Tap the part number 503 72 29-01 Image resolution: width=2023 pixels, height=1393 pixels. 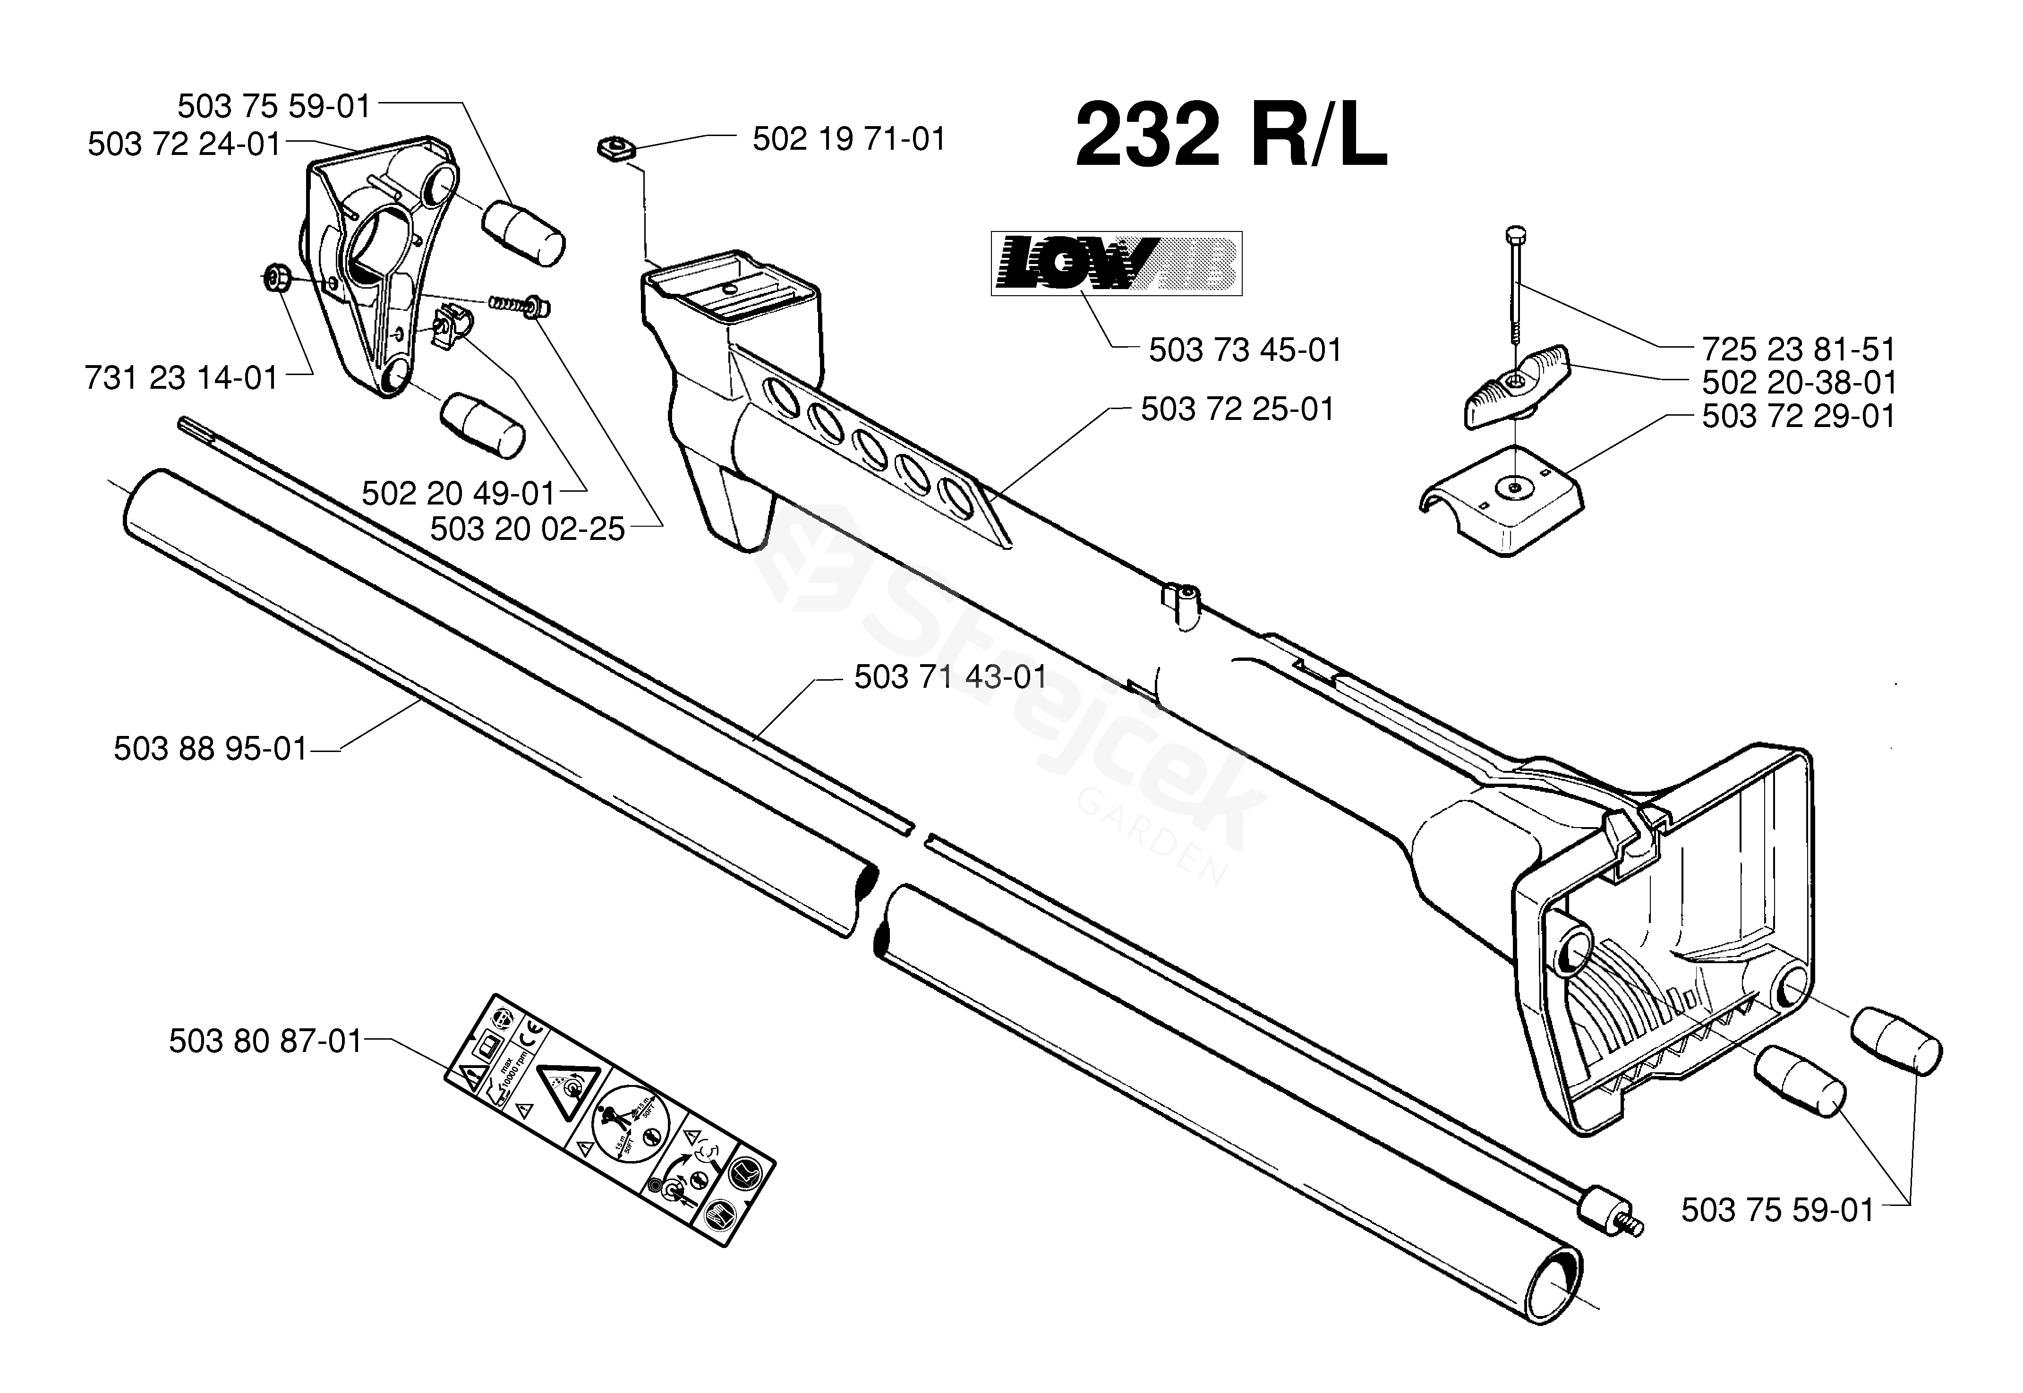1798,416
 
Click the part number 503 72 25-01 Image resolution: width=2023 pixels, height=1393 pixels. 1238,410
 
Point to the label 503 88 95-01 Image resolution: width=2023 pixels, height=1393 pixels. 210,749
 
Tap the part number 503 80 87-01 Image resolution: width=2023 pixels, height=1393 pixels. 265,1041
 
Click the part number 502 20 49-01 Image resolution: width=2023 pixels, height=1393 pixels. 458,494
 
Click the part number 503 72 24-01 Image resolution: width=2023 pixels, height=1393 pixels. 184,144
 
